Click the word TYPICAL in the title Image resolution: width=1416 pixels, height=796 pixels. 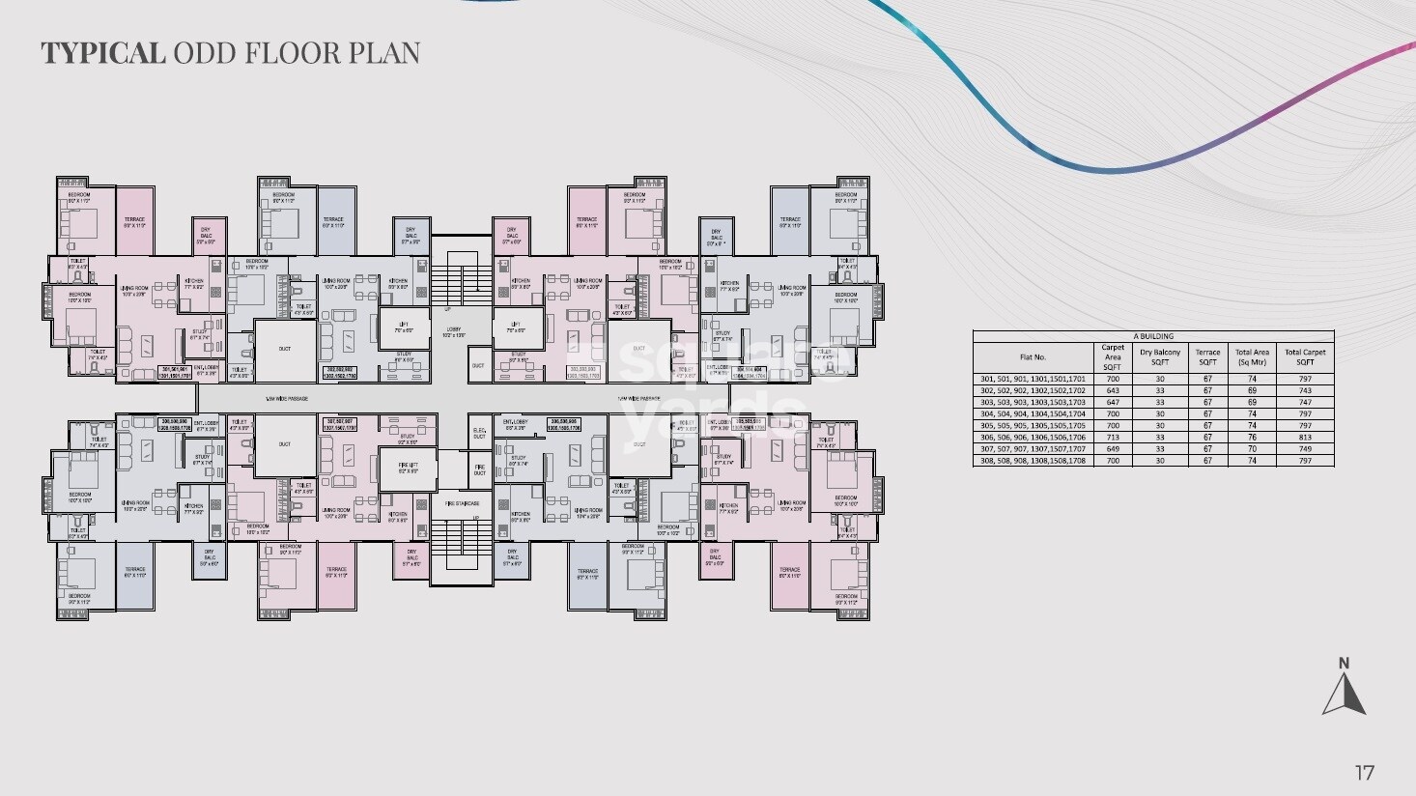click(x=102, y=52)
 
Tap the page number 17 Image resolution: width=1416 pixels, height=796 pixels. click(x=1364, y=772)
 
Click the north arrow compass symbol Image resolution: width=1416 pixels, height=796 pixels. click(x=1344, y=689)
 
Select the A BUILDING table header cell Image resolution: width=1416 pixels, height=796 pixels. click(x=1153, y=336)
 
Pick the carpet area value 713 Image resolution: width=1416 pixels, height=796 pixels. click(x=1112, y=437)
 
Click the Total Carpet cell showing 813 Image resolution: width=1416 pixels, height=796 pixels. click(x=1305, y=437)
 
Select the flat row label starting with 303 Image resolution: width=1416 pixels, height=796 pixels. click(x=1033, y=402)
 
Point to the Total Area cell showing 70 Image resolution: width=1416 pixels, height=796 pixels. click(x=1253, y=448)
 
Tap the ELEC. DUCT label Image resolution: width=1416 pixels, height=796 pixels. click(x=479, y=434)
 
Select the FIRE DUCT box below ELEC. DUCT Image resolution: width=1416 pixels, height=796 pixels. click(x=479, y=470)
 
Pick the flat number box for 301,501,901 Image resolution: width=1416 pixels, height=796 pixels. click(x=175, y=371)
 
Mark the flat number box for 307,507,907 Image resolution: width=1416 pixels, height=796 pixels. click(x=340, y=423)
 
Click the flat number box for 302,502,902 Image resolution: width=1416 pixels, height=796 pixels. click(x=340, y=371)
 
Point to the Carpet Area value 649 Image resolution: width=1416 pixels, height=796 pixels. click(x=1112, y=448)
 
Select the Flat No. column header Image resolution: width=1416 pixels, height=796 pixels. click(x=1033, y=357)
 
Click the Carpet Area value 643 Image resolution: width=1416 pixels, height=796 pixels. click(x=1112, y=390)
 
